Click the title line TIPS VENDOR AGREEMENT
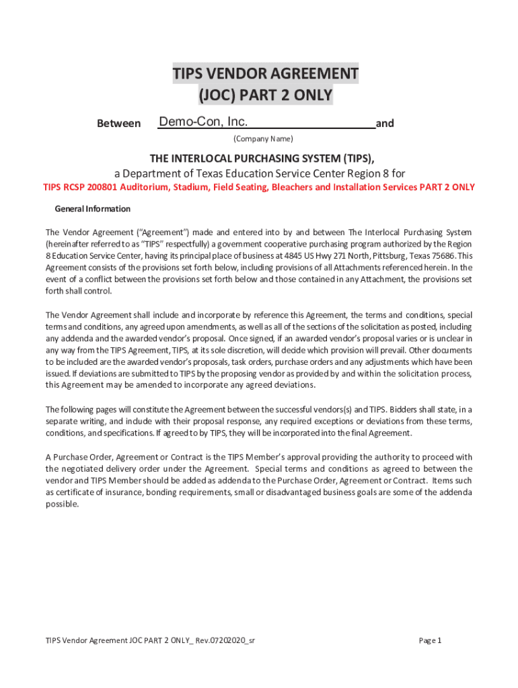(265, 73)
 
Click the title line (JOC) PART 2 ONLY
(265, 95)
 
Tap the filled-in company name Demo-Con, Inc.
(203, 122)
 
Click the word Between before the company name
(119, 124)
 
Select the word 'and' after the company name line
(385, 124)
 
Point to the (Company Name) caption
(263, 139)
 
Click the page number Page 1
(430, 640)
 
